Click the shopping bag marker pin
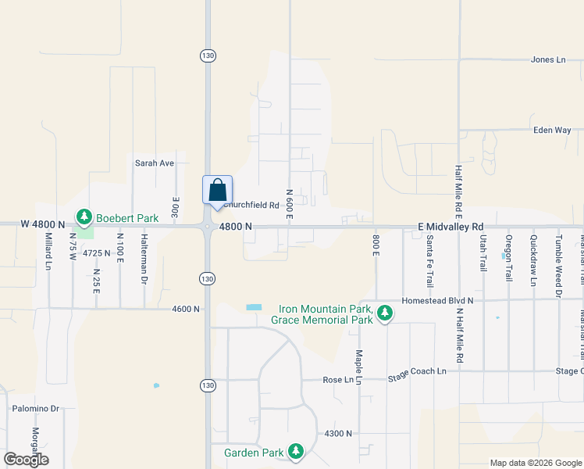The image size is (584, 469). coord(217,191)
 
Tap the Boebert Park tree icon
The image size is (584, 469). coord(84,217)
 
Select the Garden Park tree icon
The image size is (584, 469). coord(296,451)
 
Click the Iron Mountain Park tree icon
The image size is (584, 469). coord(384,313)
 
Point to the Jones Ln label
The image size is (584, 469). coord(547,59)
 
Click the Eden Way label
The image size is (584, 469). coord(552,131)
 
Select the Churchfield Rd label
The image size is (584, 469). coord(252,206)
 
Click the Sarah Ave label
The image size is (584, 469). coord(155,163)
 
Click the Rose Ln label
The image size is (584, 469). coord(338,380)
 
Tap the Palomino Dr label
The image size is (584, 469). coord(35,408)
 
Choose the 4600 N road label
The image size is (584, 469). coord(187,310)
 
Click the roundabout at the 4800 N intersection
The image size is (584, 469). coord(207,227)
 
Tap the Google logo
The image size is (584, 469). coord(27,460)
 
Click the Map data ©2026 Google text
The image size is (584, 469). coord(535,463)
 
